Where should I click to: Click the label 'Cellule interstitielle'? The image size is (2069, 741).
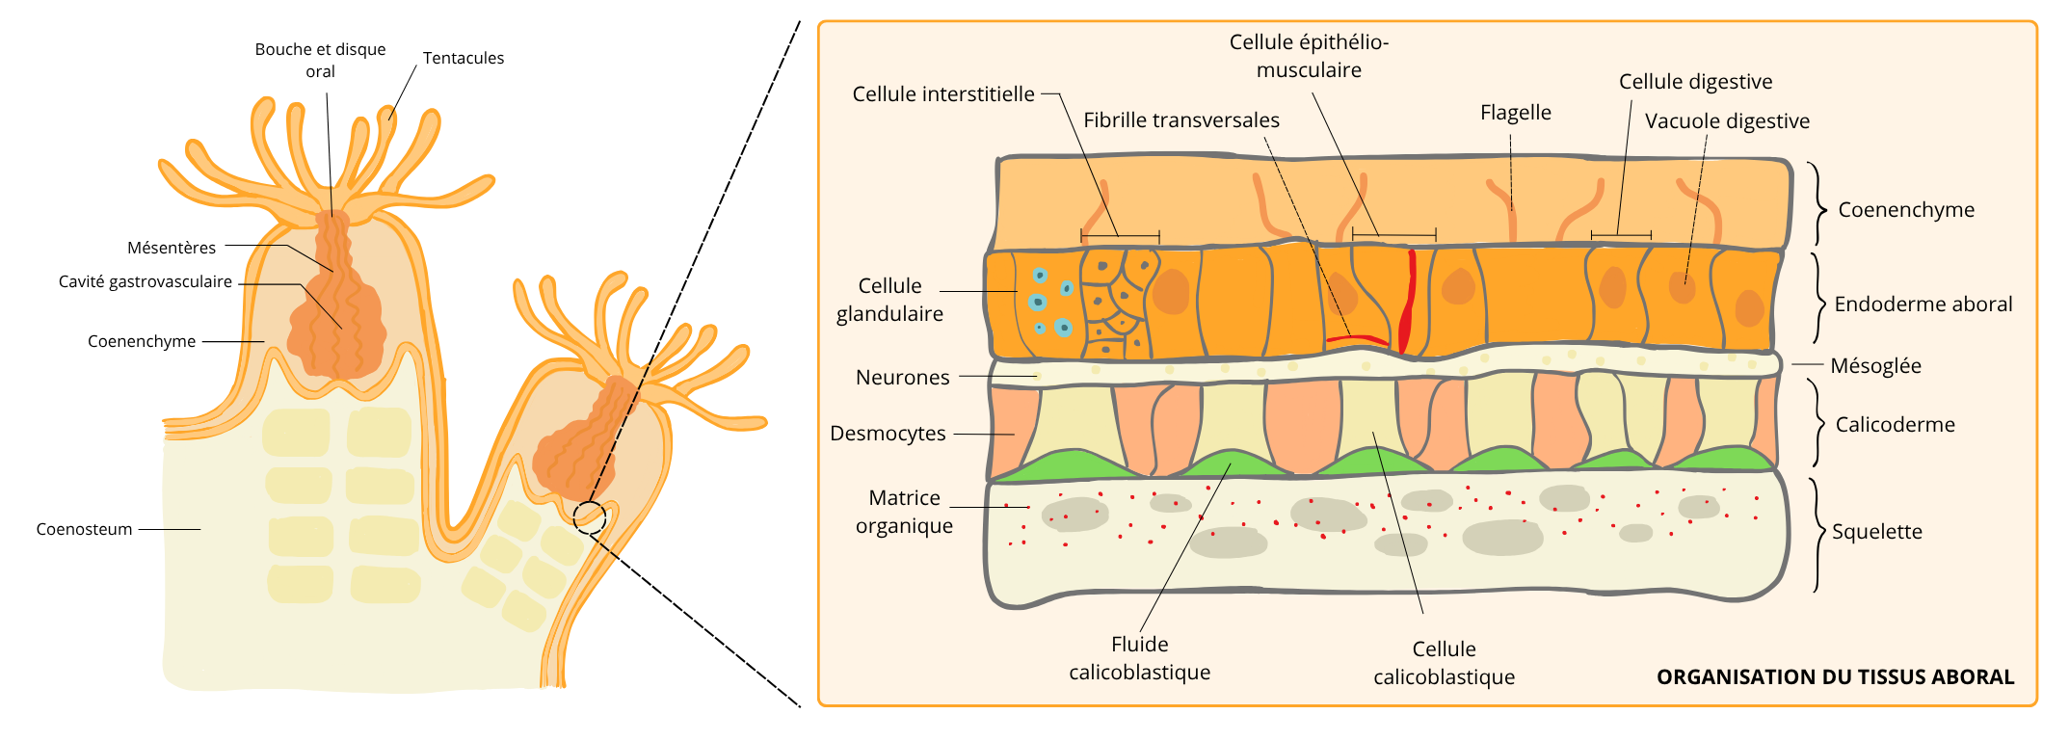coord(942,94)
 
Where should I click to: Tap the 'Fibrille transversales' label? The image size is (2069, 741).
coord(1181,120)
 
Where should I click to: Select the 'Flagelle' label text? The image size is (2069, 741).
coord(1515,113)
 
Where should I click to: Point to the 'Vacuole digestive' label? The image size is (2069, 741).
coord(1727,121)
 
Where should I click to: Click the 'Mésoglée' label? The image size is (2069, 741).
coord(1875,366)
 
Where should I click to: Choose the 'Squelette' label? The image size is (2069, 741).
coord(1876,532)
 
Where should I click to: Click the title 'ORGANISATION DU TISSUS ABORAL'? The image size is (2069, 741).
coord(1835,677)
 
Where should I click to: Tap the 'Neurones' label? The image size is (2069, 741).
coord(902,378)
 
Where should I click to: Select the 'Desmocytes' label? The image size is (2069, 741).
coord(888,434)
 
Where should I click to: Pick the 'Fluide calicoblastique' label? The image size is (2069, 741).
coord(1139,658)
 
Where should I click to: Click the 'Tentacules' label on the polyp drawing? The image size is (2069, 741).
coord(464,58)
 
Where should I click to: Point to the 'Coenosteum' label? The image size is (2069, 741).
coord(84,529)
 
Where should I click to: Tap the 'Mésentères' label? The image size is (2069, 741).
coord(172,248)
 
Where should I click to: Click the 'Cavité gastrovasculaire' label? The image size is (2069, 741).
coord(146,281)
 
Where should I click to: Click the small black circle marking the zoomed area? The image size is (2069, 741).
coord(590,517)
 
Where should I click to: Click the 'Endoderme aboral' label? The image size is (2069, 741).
coord(1923,304)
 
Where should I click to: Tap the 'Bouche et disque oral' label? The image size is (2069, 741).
coord(320,60)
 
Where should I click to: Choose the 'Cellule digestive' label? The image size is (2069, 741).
coord(1695,82)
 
